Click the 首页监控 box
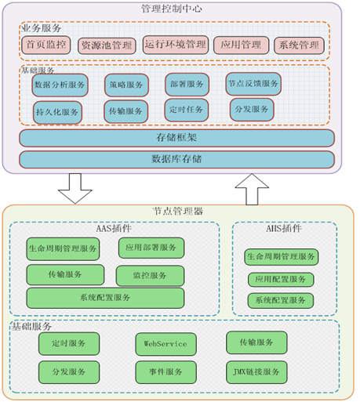[46, 45]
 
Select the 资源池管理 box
[107, 46]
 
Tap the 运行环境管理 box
[176, 45]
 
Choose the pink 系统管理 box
[299, 45]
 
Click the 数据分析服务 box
[60, 85]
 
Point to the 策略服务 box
[126, 85]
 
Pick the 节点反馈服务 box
[253, 84]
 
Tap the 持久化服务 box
[57, 113]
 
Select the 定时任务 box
[187, 110]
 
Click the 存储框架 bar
[176, 138]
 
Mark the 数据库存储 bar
[176, 159]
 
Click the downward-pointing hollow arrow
[75, 189]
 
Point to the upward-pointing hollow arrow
[252, 189]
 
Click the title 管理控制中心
[172, 9]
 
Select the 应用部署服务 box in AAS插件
[151, 248]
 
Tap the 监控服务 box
[150, 276]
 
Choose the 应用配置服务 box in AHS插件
[281, 280]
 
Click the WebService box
[165, 344]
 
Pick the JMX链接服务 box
[256, 372]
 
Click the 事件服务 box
[165, 372]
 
